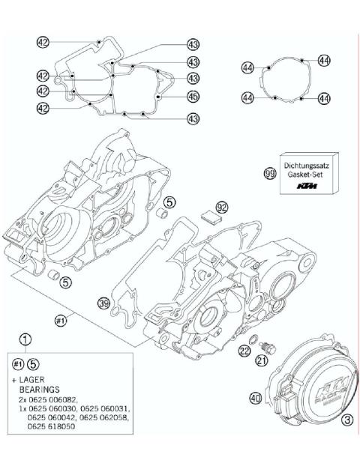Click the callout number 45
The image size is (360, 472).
pos(193,96)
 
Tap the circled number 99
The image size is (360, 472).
pos(270,173)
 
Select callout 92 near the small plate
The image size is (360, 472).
pos(221,206)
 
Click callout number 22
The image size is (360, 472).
pos(244,351)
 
